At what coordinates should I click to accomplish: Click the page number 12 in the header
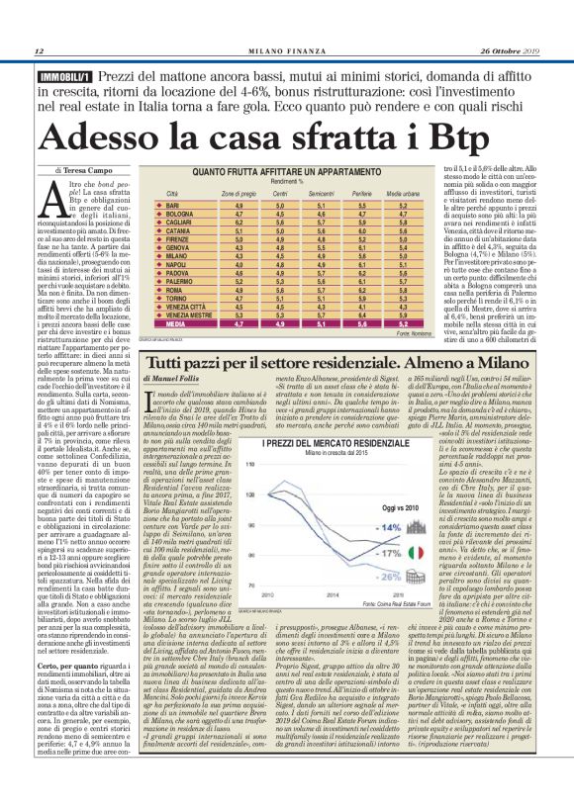pos(39,51)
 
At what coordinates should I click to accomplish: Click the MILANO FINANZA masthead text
pos(287,51)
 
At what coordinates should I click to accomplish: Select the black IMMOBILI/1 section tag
pos(64,76)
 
